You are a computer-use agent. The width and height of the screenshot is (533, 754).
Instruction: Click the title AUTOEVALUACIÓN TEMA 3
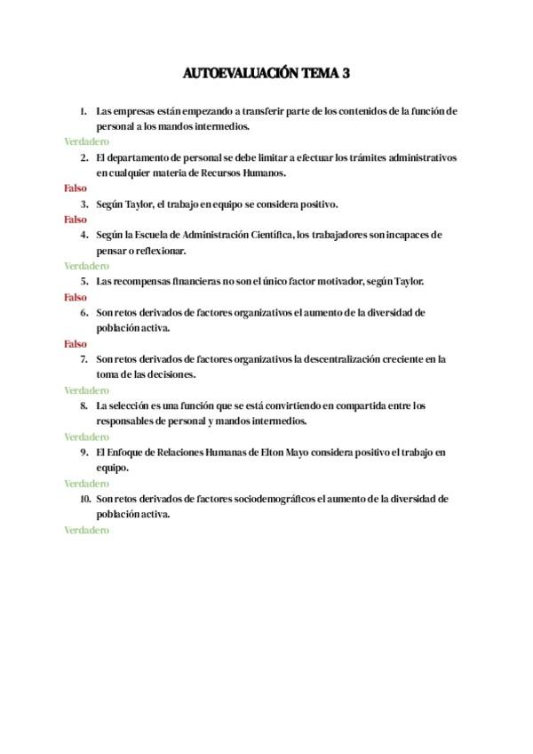[266, 74]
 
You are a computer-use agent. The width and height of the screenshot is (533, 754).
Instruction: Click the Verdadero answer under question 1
[86, 141]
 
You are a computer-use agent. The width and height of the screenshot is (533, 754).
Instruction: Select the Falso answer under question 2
[76, 188]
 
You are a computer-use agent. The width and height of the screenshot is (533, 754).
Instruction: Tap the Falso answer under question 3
[76, 219]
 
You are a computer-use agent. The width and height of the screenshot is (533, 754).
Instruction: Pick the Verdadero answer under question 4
[86, 266]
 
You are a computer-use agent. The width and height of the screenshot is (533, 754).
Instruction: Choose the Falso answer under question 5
[76, 297]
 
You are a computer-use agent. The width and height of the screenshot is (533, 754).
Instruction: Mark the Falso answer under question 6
[76, 343]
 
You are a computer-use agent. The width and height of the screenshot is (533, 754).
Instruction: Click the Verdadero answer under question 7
[86, 390]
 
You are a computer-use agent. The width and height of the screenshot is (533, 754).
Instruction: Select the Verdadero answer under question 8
[86, 437]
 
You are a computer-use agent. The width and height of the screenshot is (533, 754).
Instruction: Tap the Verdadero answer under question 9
[86, 484]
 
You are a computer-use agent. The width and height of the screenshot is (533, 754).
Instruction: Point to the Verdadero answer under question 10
[86, 530]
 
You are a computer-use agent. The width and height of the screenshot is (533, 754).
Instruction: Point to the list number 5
[84, 282]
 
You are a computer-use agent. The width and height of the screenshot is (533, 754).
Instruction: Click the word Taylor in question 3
[139, 204]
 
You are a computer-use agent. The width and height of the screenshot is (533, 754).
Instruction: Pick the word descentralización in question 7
[340, 359]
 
